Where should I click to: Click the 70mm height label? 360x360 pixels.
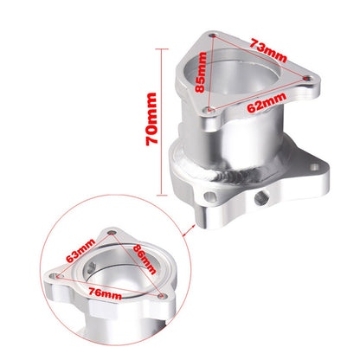point(151,119)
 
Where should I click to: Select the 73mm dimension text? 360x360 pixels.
point(268,51)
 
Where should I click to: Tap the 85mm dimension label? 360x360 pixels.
point(201,72)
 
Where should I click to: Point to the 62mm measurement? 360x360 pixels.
point(267,103)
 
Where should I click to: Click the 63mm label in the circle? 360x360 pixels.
point(80,251)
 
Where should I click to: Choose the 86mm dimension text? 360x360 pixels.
point(145,259)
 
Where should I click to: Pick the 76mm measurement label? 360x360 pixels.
point(106,293)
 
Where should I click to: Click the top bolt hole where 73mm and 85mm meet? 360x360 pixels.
point(213,35)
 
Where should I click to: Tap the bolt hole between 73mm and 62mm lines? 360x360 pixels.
point(306,78)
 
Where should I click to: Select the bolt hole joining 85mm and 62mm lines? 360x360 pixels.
point(209,110)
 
